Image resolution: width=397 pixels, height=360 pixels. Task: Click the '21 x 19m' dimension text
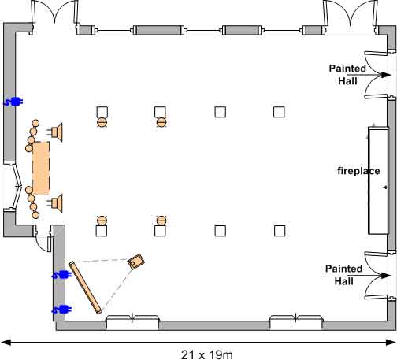[x=207, y=354]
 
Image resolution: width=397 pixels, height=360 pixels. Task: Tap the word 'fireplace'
[x=358, y=171]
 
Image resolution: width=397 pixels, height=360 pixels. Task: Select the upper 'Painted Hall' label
[x=347, y=75]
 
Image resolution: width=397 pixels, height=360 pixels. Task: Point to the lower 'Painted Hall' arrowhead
[x=386, y=276]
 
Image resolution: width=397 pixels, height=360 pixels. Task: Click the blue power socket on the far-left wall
[x=13, y=102]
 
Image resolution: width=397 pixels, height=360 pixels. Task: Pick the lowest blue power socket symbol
[x=61, y=310]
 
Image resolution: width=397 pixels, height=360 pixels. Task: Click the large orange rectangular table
[x=41, y=168]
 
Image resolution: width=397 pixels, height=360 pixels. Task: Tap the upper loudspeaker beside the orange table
[x=56, y=132]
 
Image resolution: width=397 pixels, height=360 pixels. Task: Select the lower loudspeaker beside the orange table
[x=56, y=203]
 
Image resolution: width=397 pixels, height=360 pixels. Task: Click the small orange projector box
[x=136, y=262]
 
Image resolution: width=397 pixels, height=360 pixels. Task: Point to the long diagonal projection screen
[x=85, y=288]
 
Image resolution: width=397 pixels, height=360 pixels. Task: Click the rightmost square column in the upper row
[x=279, y=112]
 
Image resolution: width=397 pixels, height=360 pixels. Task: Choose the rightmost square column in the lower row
[x=280, y=231]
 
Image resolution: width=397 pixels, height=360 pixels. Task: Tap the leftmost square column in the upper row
[x=102, y=112]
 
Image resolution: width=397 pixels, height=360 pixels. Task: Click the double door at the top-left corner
[x=54, y=17]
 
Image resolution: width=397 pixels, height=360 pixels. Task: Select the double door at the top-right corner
[x=351, y=16]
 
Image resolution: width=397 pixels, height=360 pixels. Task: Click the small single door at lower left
[x=43, y=239]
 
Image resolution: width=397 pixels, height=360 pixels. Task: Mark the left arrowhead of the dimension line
[x=6, y=343]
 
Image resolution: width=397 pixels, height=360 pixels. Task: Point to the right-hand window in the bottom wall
[x=296, y=321]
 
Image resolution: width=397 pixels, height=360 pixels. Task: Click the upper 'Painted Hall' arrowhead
[x=386, y=75]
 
